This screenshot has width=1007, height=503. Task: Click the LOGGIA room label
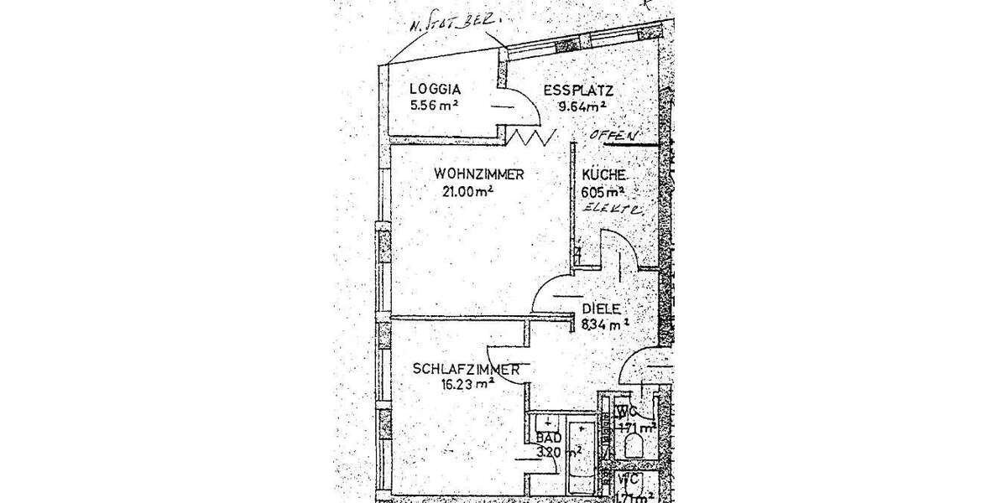436,90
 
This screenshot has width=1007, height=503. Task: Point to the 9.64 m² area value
583,106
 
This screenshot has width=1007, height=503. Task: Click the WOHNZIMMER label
479,174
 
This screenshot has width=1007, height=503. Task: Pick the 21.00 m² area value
467,191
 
